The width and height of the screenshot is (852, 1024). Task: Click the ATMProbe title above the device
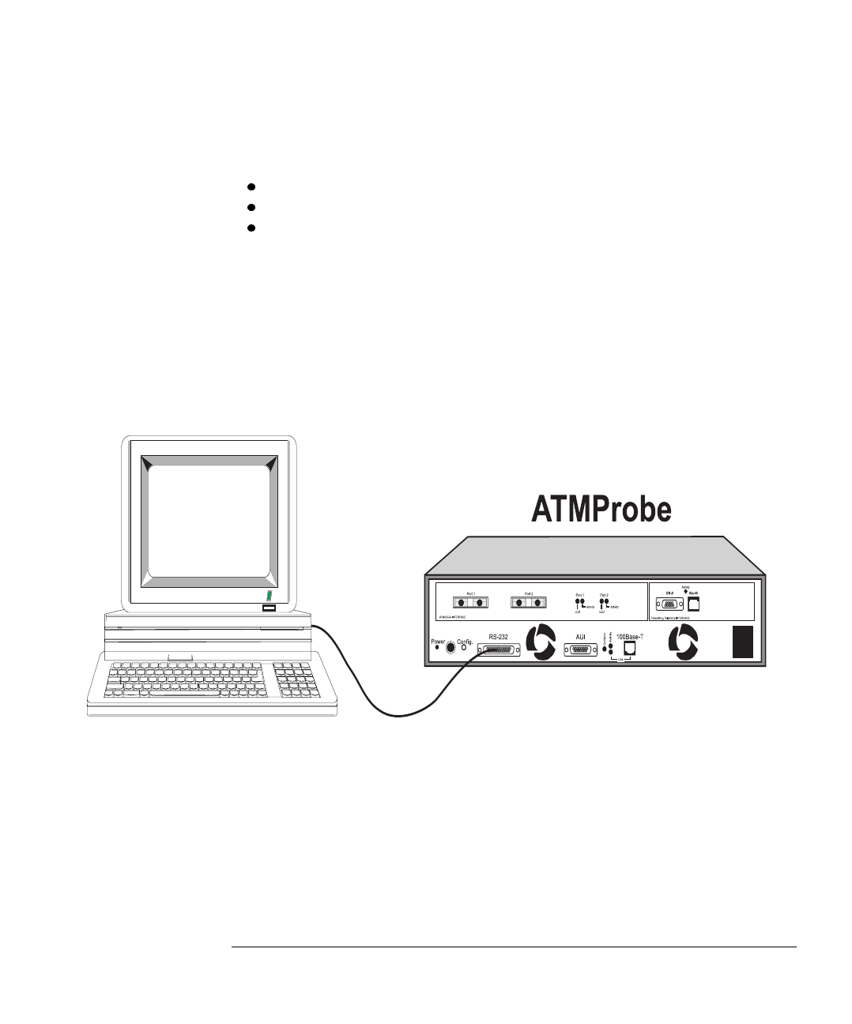click(600, 510)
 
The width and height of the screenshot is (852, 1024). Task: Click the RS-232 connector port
click(499, 650)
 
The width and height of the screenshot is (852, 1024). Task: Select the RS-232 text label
click(499, 636)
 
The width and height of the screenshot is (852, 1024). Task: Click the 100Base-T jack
click(630, 651)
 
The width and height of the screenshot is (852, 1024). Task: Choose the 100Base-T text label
click(631, 636)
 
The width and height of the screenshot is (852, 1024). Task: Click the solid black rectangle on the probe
click(743, 642)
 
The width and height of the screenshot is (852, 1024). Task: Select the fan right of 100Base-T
click(681, 644)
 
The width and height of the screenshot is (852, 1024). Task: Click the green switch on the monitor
click(269, 595)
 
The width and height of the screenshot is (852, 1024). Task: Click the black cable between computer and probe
click(371, 695)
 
